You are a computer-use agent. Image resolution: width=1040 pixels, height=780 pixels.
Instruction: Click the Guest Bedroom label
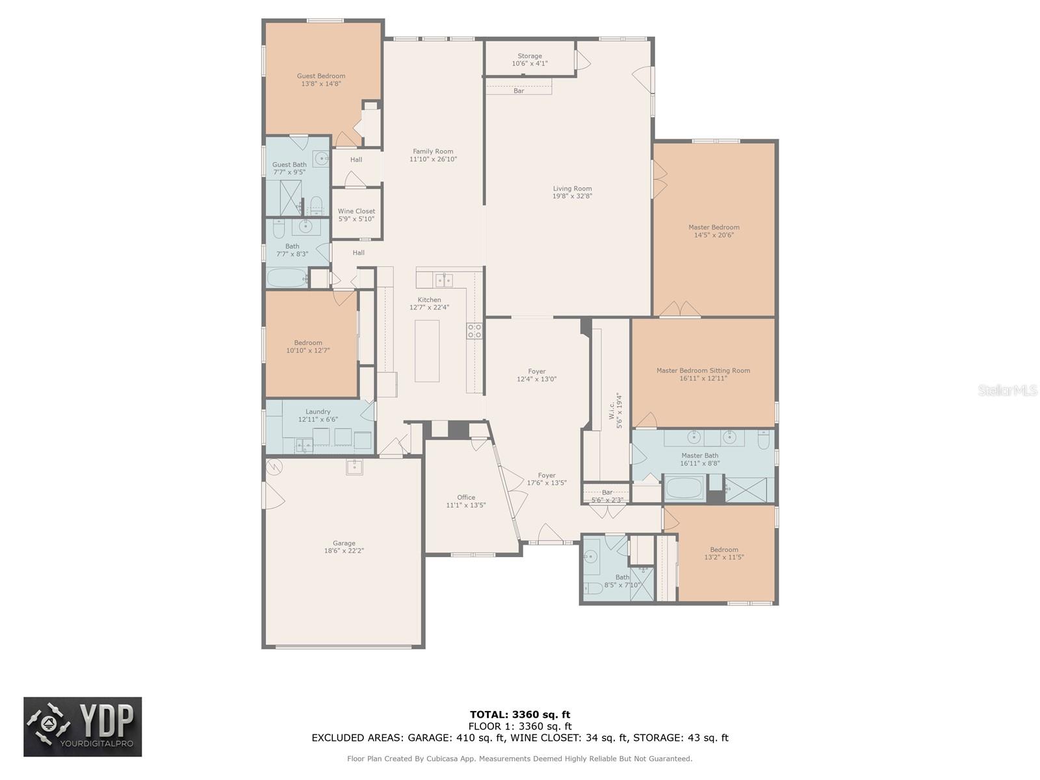coord(320,76)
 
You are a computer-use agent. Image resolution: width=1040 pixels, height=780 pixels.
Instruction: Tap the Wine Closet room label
coord(356,211)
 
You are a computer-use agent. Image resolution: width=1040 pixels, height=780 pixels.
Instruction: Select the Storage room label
coord(529,56)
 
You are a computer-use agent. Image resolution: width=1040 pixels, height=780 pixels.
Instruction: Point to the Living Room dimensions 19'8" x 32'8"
coord(572,196)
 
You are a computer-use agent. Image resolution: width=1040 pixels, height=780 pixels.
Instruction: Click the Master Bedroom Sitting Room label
coord(703,370)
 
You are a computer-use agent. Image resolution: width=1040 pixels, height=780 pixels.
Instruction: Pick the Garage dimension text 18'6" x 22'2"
coord(343,551)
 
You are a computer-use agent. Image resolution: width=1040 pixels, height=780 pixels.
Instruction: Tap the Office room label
coord(466,497)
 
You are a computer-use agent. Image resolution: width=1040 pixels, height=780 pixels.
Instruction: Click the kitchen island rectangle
coord(426,351)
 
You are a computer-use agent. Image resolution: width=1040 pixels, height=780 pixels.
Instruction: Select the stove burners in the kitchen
coord(474,331)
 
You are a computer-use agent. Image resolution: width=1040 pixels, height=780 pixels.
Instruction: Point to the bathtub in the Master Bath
coord(684,487)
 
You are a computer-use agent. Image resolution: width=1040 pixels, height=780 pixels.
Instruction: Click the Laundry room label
coord(317,411)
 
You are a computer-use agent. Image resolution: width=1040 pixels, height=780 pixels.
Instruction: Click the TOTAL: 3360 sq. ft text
coord(520,714)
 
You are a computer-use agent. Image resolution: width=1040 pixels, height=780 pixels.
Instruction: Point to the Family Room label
coord(433,151)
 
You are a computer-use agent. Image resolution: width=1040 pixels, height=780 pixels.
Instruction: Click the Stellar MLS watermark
coord(1007,390)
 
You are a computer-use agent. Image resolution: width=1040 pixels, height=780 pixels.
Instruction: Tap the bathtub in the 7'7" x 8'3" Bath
coord(287,278)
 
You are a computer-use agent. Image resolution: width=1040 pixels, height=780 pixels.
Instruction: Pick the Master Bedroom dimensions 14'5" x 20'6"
coord(714,235)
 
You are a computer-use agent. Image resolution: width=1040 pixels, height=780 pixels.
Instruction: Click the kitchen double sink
coord(444,280)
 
